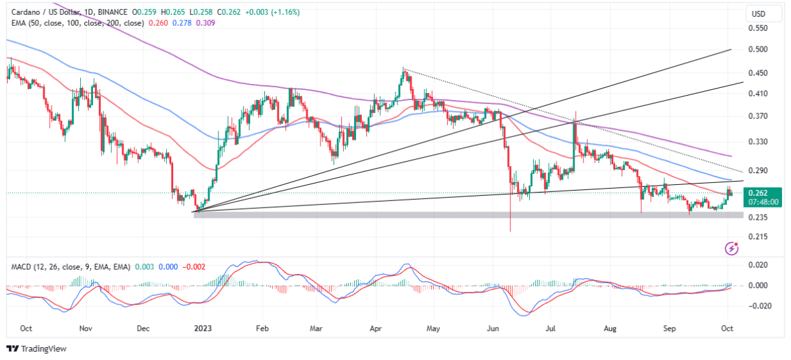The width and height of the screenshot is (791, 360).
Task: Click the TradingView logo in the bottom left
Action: [37, 348]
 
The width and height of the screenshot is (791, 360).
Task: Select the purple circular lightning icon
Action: [732, 248]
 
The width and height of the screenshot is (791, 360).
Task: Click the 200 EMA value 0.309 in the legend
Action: [205, 23]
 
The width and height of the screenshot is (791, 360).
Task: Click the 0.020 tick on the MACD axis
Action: [756, 265]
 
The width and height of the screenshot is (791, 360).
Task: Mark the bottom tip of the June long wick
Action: [511, 231]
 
